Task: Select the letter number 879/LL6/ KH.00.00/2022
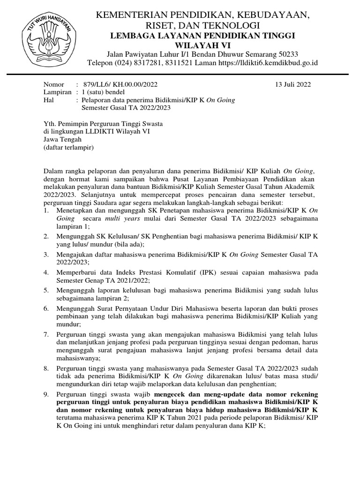[120, 85]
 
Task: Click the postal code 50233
[287, 53]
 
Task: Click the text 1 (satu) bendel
[103, 92]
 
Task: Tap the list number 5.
[45, 290]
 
